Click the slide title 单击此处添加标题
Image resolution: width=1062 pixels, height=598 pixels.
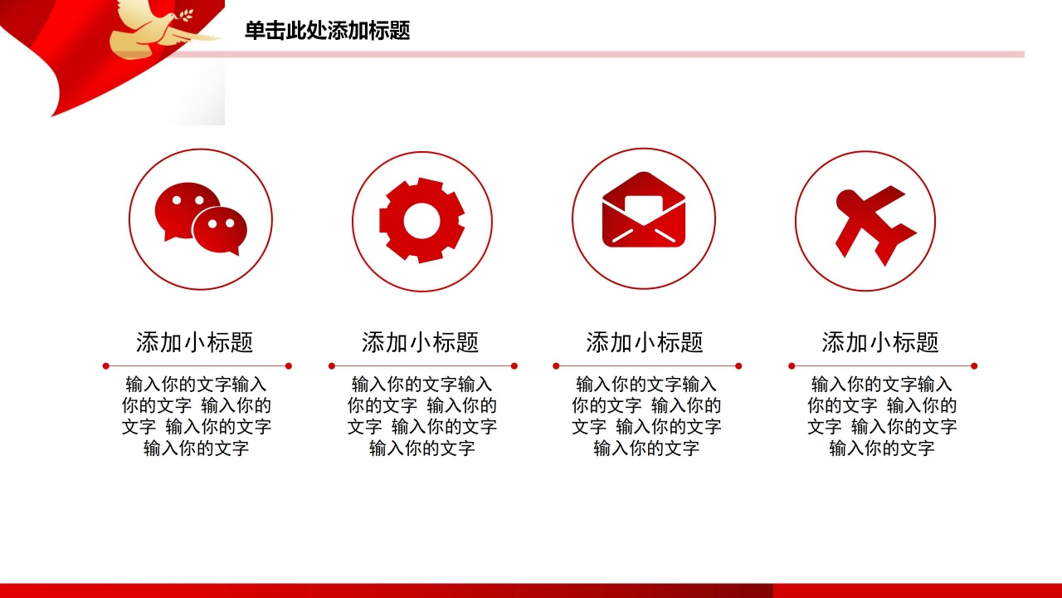pyautogui.click(x=327, y=31)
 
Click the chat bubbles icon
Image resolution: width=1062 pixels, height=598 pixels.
pyautogui.click(x=201, y=218)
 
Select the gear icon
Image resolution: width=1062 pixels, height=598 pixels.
pyautogui.click(x=422, y=220)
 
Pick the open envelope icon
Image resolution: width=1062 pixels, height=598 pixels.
pyautogui.click(x=644, y=209)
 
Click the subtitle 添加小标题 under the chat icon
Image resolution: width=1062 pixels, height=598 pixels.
pyautogui.click(x=195, y=342)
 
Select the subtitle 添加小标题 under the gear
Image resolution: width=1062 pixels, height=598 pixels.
pyautogui.click(x=421, y=342)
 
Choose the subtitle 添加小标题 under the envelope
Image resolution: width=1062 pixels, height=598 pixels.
pyautogui.click(x=645, y=342)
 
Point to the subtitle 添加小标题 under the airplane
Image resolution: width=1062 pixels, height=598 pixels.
pyautogui.click(x=880, y=342)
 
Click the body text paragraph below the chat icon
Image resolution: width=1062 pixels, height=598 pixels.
pyautogui.click(x=197, y=416)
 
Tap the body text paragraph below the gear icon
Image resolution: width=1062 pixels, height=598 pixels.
pyautogui.click(x=422, y=416)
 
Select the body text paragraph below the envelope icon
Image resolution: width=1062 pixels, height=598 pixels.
pyautogui.click(x=646, y=416)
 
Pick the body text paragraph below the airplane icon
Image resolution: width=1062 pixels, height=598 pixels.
pyautogui.click(x=882, y=416)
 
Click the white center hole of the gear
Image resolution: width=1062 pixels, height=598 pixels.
pyautogui.click(x=421, y=221)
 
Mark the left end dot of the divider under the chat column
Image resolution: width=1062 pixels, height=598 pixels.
pyautogui.click(x=105, y=366)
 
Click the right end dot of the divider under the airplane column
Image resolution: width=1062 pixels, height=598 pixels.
pyautogui.click(x=974, y=366)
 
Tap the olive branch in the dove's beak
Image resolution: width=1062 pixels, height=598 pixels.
pyautogui.click(x=186, y=15)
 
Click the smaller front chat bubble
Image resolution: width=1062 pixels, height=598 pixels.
pyautogui.click(x=220, y=230)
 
